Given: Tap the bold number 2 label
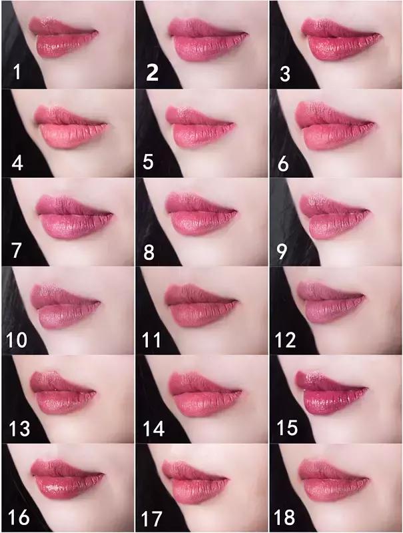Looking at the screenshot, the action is click(152, 73).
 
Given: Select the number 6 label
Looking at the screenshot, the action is click(282, 163).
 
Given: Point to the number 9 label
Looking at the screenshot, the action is click(282, 252).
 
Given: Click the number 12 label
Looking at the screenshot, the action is click(284, 340).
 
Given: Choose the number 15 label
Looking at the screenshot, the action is click(287, 428).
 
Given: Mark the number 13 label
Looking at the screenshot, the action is click(19, 428).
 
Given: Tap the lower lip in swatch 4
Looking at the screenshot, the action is click(70, 136).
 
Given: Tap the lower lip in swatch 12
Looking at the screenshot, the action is click(331, 310).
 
